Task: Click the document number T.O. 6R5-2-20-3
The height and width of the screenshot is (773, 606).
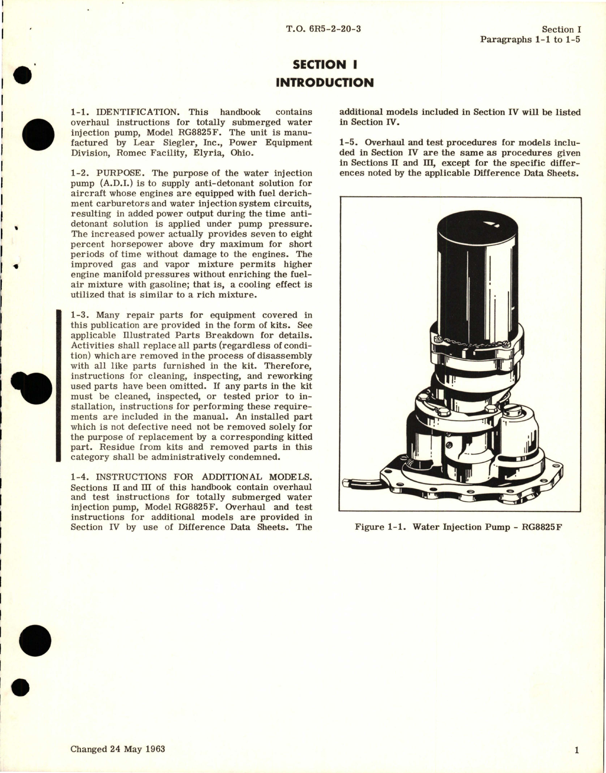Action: [323, 29]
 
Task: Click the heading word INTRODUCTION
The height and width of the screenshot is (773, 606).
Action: [325, 83]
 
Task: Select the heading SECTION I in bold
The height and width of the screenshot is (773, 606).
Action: [326, 64]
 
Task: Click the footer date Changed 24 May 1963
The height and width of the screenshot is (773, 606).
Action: [118, 749]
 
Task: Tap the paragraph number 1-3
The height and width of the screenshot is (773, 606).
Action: [79, 315]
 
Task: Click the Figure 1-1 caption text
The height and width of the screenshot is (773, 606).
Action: [458, 527]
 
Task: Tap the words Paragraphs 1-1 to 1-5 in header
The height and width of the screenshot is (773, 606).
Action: [530, 39]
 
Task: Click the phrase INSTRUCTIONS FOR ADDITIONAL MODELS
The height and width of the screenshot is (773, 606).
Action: [203, 477]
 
